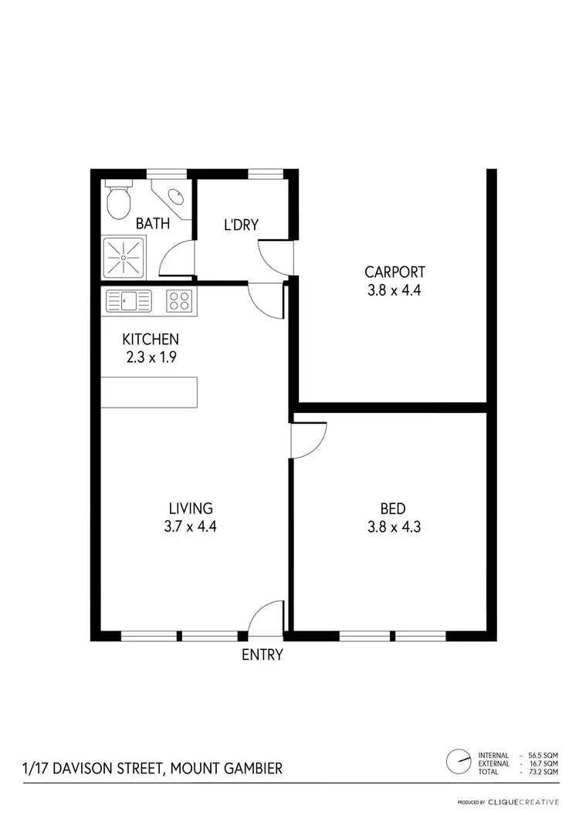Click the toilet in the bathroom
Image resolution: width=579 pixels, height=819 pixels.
click(118, 202)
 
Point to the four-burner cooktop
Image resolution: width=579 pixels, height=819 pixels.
click(179, 300)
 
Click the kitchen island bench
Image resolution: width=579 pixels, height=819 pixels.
click(149, 392)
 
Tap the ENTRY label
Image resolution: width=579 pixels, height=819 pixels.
click(262, 655)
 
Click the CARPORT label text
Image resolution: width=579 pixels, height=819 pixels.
click(395, 272)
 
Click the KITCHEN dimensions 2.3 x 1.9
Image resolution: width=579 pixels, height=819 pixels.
click(151, 357)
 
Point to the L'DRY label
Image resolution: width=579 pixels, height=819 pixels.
click(241, 225)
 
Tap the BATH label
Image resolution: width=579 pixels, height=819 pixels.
click(153, 224)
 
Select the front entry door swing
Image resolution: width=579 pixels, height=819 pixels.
click(268, 620)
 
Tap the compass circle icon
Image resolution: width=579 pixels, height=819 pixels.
click(459, 763)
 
